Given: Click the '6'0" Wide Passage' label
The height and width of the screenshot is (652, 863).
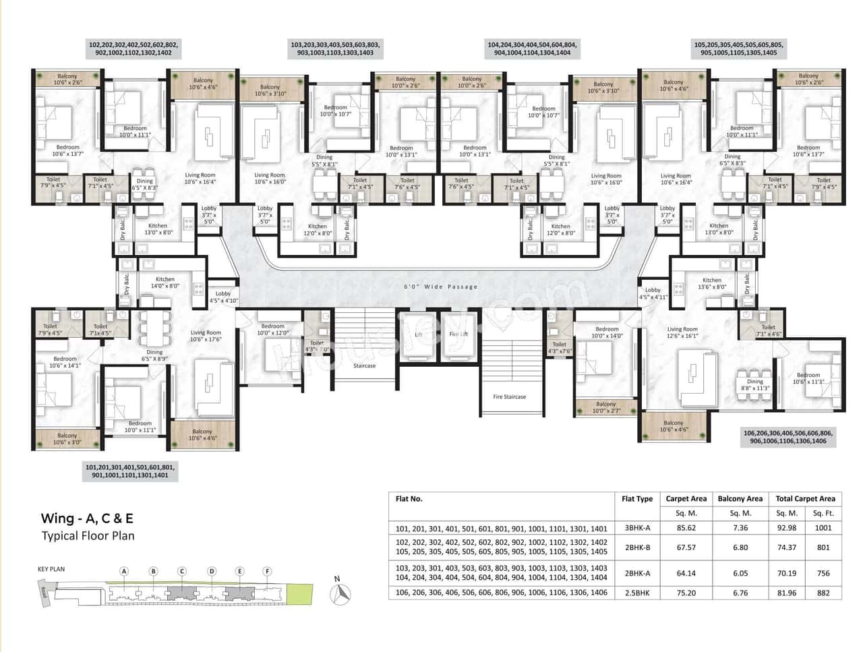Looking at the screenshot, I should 440,287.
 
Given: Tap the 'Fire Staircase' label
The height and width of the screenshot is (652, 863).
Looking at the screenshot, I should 509,396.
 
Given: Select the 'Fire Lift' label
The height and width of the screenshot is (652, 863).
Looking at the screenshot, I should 458,334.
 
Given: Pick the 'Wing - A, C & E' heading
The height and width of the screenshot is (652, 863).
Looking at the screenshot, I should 87,518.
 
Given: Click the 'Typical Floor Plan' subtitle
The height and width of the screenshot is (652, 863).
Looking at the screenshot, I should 88,536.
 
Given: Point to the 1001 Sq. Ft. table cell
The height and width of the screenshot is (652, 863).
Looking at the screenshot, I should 823,528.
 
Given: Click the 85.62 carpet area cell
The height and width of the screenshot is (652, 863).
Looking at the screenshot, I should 686,528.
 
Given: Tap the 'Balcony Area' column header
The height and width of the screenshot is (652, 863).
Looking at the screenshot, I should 740,499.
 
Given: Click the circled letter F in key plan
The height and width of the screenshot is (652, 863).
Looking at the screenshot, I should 267,572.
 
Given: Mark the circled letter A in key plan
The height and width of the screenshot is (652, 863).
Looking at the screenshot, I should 124,572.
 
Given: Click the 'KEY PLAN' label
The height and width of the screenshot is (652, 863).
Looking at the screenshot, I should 51,569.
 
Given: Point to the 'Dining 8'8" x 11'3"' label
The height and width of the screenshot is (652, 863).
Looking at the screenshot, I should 754,385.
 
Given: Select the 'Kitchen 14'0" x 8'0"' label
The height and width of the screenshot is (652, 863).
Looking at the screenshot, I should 165,283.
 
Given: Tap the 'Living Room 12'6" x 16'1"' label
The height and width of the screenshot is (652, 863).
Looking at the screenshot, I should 682,332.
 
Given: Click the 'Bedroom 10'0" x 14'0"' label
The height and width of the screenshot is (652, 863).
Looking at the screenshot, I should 606,333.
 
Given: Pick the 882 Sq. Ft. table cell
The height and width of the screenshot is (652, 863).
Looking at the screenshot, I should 823,593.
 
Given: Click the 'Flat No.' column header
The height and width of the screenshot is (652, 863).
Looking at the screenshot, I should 409,499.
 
